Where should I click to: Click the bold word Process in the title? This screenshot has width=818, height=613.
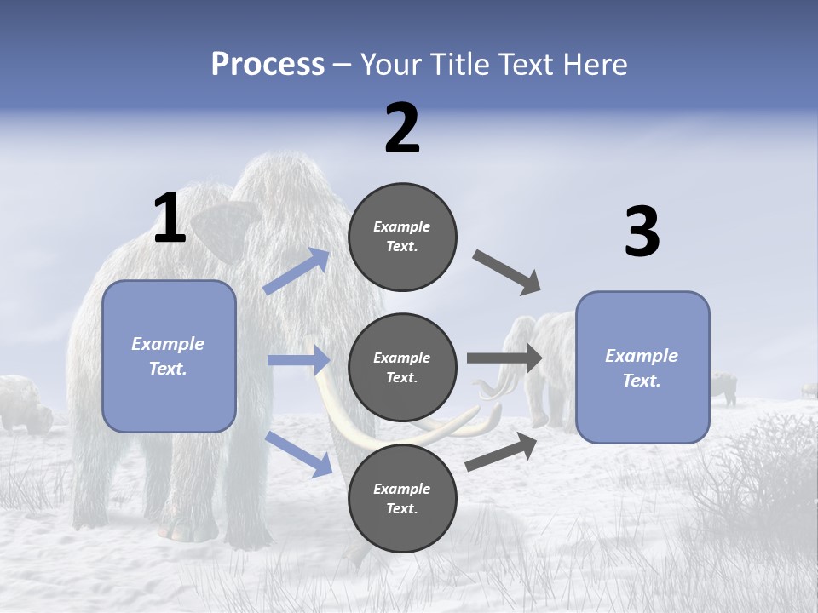click(268, 65)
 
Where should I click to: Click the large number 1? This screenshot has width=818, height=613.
click(170, 219)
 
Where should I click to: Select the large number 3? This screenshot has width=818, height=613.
click(642, 232)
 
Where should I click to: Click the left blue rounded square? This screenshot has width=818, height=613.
click(169, 356)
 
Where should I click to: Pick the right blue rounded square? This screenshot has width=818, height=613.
click(642, 368)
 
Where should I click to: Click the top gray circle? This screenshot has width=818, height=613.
click(402, 237)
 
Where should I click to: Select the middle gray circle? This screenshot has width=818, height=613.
click(402, 368)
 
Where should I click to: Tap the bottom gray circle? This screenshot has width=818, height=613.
click(402, 499)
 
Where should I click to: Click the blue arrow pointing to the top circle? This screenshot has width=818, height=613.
click(297, 272)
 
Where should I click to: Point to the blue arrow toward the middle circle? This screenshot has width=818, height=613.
click(298, 360)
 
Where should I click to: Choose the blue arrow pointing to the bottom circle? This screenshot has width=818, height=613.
click(299, 454)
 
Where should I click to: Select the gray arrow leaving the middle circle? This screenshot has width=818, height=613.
click(504, 358)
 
